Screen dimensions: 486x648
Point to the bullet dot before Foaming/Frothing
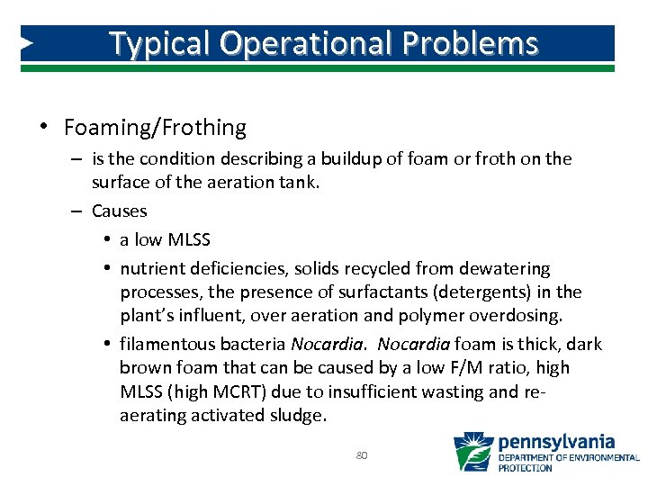tap(42, 126)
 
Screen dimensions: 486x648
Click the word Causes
tap(119, 211)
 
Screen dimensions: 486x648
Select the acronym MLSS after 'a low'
tap(188, 240)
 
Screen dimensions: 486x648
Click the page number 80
tap(362, 455)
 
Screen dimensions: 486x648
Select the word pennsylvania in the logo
tap(556, 442)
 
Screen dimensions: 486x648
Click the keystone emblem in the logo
tap(473, 452)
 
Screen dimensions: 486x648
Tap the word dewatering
tap(510, 268)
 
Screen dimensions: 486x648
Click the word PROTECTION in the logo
tap(525, 468)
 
